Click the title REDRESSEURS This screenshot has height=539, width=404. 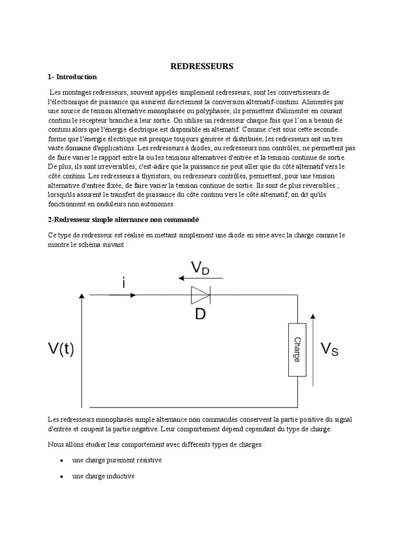click(201, 66)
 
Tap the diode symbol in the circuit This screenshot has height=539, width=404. click(200, 295)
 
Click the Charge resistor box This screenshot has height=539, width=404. click(297, 350)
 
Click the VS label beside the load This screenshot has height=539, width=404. click(330, 349)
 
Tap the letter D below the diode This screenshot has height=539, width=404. click(200, 315)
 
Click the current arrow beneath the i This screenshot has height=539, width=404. click(122, 295)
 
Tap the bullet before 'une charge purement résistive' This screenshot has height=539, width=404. click(61, 461)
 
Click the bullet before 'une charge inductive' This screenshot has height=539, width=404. click(61, 476)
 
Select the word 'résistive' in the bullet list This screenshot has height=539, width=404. click(148, 460)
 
